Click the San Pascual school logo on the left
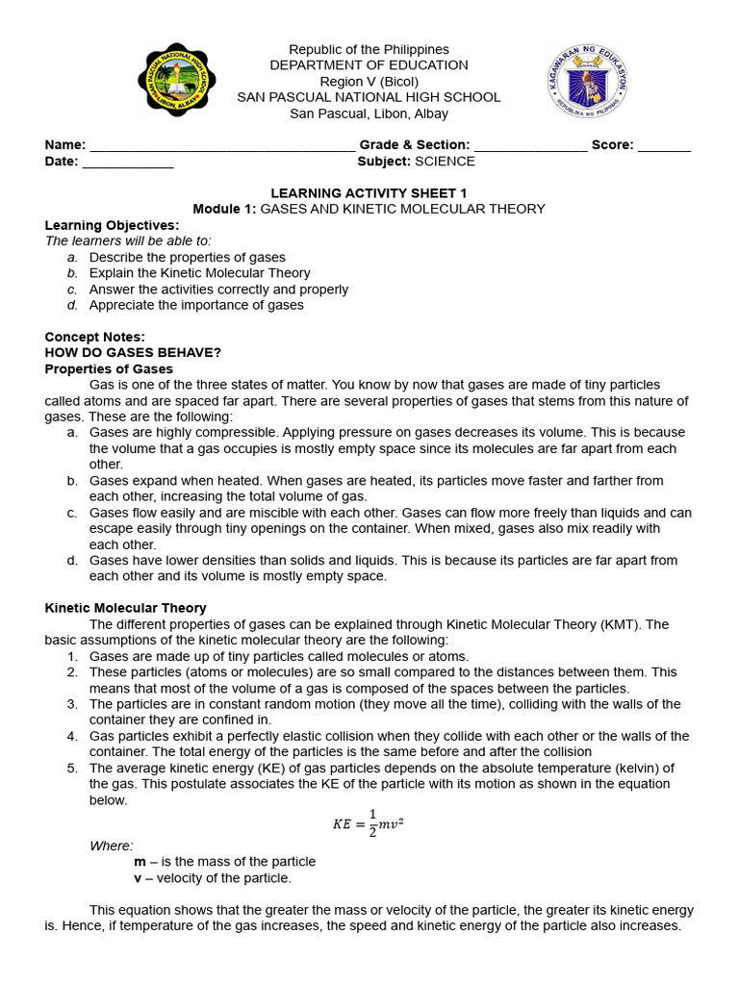click(176, 80)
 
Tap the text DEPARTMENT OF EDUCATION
click(369, 65)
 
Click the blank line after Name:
click(221, 146)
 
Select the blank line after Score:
click(664, 146)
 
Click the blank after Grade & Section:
click(530, 146)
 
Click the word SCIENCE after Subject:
click(445, 162)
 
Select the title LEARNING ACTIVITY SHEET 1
click(369, 193)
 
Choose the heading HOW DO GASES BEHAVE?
click(134, 353)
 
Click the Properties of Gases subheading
click(109, 369)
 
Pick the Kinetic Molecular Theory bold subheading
click(126, 608)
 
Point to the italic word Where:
click(112, 846)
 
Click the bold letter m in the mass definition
click(140, 862)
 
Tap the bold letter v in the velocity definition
click(138, 878)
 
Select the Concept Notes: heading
click(95, 337)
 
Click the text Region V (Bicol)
click(369, 82)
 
